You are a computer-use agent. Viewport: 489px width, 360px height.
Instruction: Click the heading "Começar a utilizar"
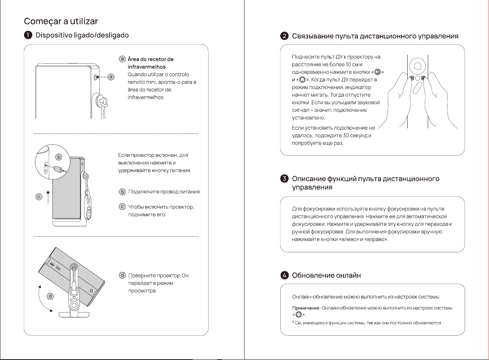coord(61,21)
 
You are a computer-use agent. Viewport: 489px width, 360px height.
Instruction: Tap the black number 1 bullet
coord(28,35)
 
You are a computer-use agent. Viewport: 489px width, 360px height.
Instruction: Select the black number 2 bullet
coord(284,36)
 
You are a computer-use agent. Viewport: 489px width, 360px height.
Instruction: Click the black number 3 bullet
coord(284,179)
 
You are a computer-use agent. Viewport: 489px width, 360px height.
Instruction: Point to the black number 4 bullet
coord(284,275)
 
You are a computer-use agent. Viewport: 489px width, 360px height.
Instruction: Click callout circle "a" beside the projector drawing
coord(111,77)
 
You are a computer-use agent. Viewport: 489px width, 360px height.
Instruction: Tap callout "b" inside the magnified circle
coord(59,157)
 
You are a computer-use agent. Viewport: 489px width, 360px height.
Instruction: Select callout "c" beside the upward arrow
coord(39,197)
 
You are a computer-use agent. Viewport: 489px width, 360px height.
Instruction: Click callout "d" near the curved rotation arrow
coord(50,296)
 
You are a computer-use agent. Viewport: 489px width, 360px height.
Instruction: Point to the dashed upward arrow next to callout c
coord(48,197)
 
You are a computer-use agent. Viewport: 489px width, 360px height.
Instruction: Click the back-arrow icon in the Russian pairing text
coord(378,72)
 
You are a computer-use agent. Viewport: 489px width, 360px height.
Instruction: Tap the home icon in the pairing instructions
coord(302,80)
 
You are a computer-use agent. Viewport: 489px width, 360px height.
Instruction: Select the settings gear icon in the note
coord(298,315)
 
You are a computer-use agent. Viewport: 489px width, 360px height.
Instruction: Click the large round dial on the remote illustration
coord(418,66)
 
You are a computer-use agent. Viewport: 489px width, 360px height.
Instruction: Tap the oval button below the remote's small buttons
coord(417,88)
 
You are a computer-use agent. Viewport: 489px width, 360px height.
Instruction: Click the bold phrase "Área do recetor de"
coord(151,59)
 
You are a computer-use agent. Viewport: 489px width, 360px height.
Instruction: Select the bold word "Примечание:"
coord(306,308)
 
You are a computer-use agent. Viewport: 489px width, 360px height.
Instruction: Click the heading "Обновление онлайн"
coord(326,275)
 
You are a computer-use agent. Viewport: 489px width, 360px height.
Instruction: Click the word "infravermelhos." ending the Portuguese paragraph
coord(146,97)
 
